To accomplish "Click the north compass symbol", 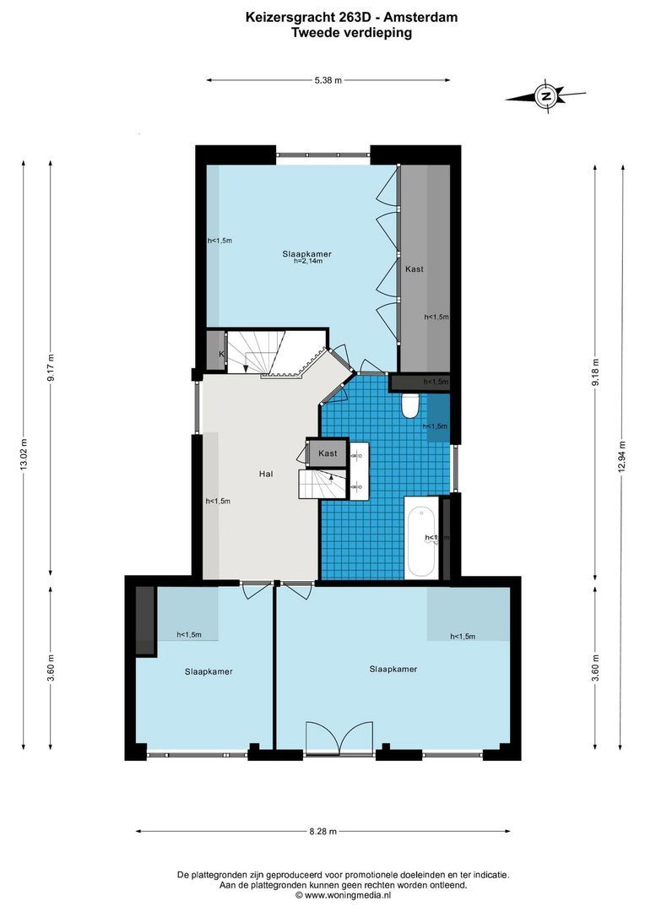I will pos(546,97).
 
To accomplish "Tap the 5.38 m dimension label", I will pos(328,81).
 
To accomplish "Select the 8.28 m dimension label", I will pos(322,831).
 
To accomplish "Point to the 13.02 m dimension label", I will pos(24,455).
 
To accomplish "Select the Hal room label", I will pos(266,475).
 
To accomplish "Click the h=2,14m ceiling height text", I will pos(307,262).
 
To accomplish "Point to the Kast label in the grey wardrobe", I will pos(414,269).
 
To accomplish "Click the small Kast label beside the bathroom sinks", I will pos(328,453).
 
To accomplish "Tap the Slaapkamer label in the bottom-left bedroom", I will pos(209,672).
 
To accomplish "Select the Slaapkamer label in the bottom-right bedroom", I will pos(393,669).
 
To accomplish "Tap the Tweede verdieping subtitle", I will pos(351,33).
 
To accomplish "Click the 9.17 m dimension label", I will pos(50,368).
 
